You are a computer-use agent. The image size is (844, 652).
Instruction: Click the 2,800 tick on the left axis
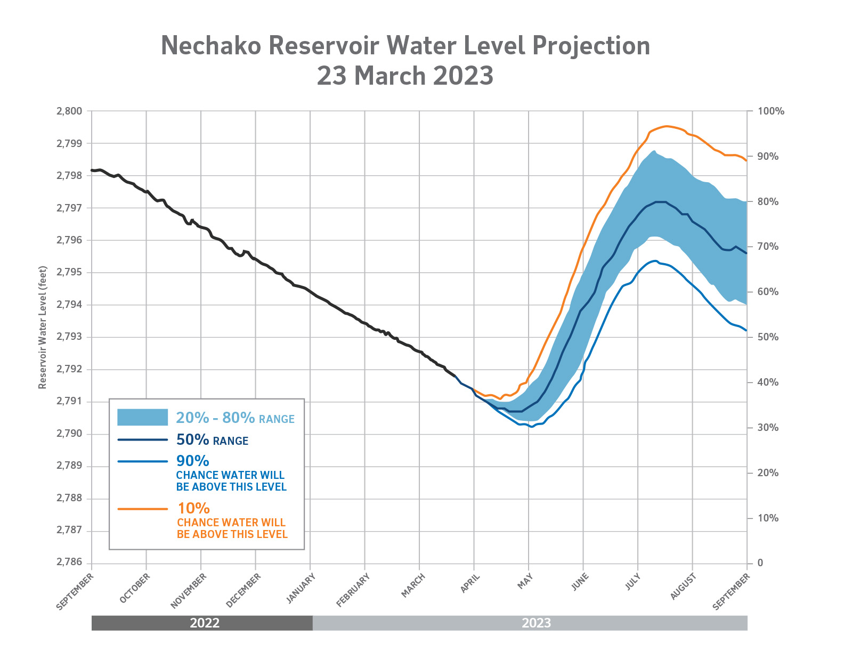[x=69, y=111]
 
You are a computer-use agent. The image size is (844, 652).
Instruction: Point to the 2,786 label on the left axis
[x=69, y=563]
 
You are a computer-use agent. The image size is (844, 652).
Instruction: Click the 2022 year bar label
[x=205, y=623]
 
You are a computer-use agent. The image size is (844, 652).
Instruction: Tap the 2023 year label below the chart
[x=536, y=623]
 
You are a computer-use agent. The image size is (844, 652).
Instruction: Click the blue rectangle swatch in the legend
[x=142, y=418]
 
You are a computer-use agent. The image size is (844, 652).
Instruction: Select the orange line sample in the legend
[x=142, y=509]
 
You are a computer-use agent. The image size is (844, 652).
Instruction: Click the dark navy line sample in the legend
[x=142, y=440]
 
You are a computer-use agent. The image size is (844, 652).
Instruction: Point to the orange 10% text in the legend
[x=193, y=509]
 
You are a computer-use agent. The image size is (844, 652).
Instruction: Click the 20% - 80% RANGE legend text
[x=235, y=418]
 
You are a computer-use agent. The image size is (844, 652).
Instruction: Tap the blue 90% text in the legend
[x=192, y=461]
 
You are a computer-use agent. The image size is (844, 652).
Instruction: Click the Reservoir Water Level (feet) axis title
[x=43, y=327]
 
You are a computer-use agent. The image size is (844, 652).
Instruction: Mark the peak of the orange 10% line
[x=666, y=126]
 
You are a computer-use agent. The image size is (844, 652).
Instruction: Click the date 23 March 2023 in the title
[x=405, y=76]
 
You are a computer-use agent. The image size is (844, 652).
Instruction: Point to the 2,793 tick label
[x=69, y=337]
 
